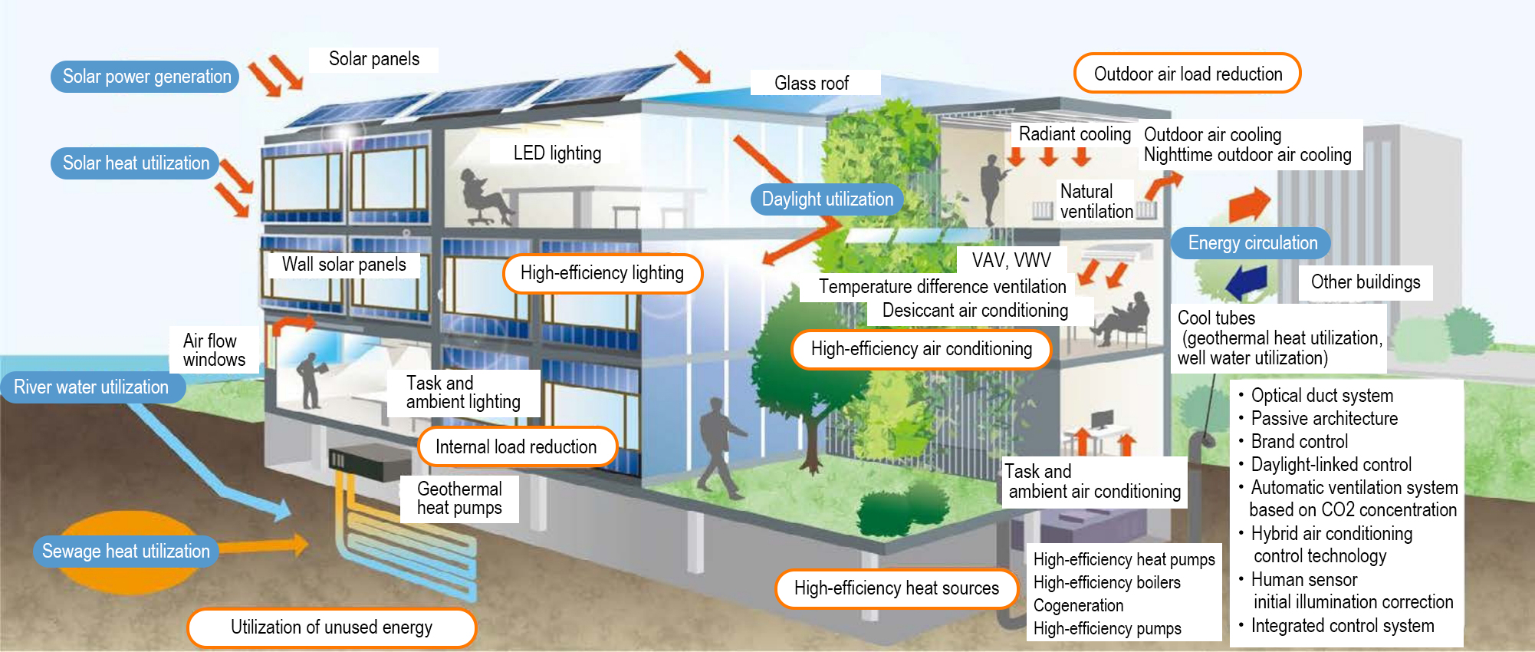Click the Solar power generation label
point(146,77)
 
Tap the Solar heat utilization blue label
point(136,163)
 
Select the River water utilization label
point(91,387)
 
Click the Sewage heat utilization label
point(126,552)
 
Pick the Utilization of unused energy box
point(331,627)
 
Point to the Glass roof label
point(812,83)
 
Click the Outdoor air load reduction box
point(1187,74)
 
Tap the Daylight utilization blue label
point(827,199)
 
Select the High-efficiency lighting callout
point(602,273)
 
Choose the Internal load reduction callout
point(516,447)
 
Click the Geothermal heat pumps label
point(459,499)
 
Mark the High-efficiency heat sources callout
point(896,588)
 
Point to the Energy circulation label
point(1252,243)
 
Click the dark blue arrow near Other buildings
point(1247,282)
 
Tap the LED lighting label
point(557,153)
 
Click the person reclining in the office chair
point(482,196)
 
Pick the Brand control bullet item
point(1299,442)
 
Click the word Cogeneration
point(1078,606)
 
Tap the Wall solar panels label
point(343,265)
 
